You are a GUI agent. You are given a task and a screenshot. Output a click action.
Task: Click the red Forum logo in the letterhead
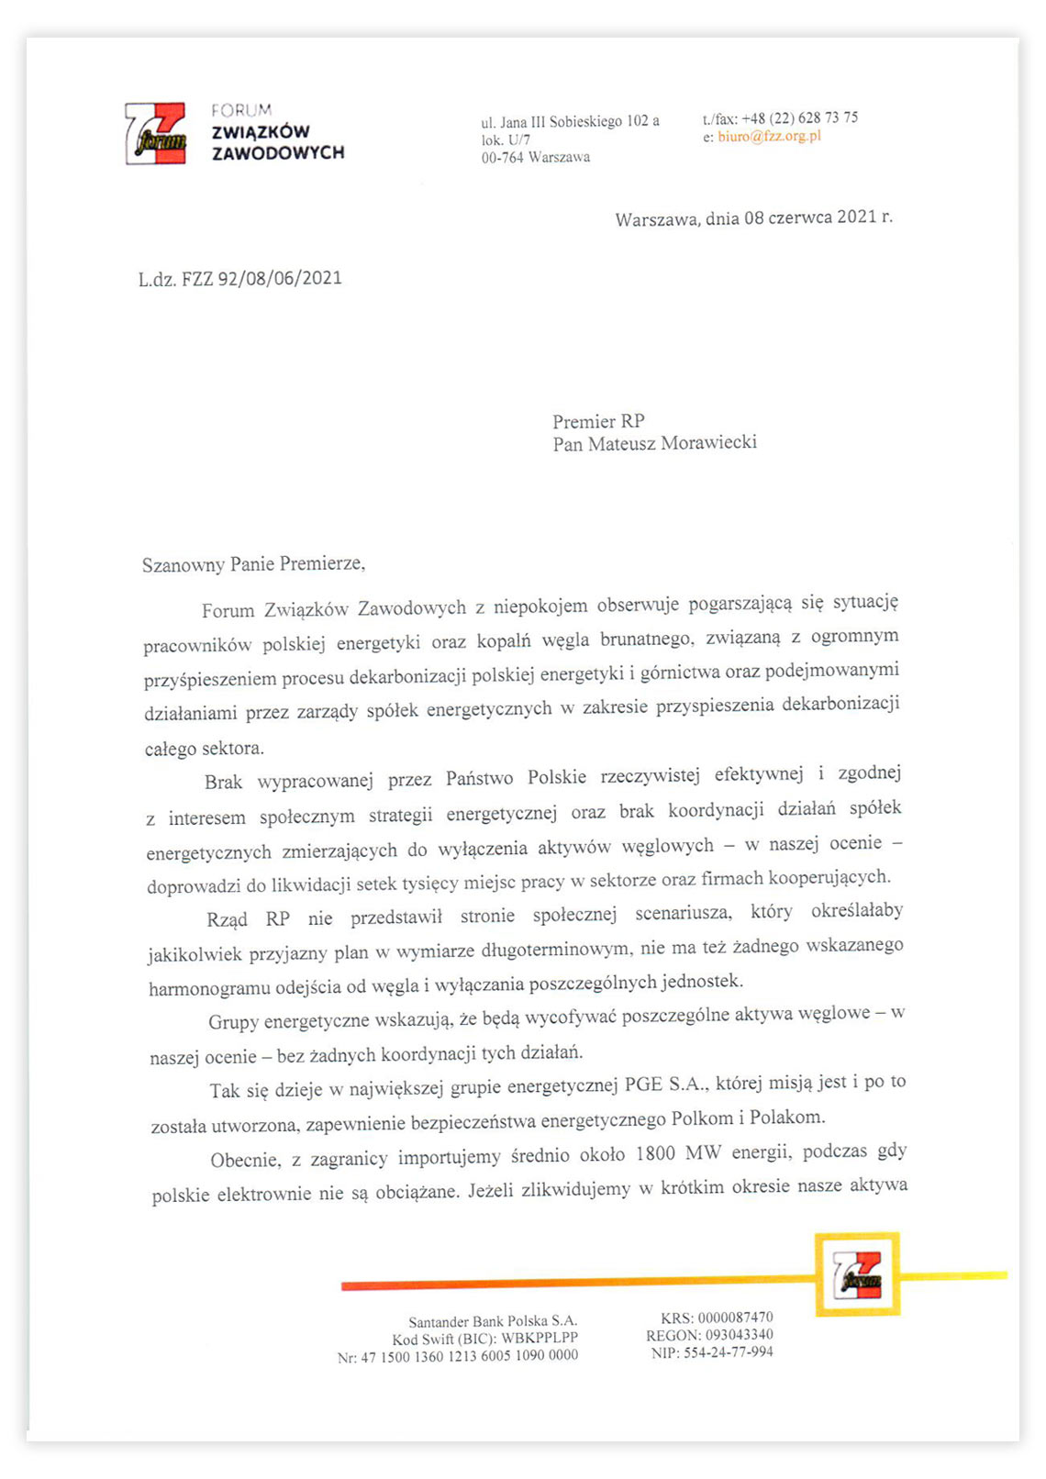tap(155, 134)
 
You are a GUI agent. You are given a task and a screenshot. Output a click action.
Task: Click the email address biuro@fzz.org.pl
tap(769, 136)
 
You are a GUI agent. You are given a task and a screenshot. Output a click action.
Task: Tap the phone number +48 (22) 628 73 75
tap(799, 117)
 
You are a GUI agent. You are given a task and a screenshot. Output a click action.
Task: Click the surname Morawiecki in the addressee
tap(708, 443)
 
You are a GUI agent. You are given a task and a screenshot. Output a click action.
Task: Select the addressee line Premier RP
tap(598, 421)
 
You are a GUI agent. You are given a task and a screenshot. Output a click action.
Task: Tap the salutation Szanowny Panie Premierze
tap(253, 564)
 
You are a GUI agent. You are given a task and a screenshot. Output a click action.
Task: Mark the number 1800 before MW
tap(655, 1153)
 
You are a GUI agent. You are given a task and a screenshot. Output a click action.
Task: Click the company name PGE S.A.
tap(666, 1084)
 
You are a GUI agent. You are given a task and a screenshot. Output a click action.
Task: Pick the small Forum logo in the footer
tap(857, 1274)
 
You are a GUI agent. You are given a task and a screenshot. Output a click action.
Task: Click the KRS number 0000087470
tap(735, 1318)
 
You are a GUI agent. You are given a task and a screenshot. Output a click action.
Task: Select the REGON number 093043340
tap(739, 1335)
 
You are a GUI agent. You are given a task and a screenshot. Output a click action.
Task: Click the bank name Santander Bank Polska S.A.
tap(493, 1322)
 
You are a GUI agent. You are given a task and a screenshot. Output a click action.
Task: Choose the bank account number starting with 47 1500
tap(469, 1357)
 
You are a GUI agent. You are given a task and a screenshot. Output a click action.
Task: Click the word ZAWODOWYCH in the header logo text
tap(278, 152)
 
